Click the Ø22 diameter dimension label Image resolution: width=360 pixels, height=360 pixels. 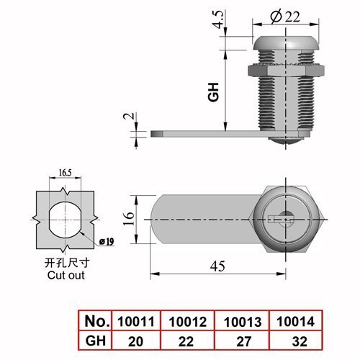(x=285, y=17)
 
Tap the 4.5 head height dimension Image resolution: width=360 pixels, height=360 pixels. (x=219, y=19)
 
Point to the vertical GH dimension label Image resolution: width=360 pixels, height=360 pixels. (x=213, y=92)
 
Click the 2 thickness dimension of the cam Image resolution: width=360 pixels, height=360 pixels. (x=128, y=116)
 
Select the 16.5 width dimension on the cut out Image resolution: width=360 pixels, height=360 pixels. (x=65, y=173)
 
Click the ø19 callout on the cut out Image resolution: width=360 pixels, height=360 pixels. (x=107, y=242)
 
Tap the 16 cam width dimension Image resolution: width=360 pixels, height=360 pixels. (x=129, y=218)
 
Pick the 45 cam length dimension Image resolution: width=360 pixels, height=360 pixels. (x=217, y=266)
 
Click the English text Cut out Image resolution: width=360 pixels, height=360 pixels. (x=66, y=275)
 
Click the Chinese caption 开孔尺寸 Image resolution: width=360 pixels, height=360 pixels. (x=67, y=263)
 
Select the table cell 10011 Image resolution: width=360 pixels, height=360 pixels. (x=136, y=322)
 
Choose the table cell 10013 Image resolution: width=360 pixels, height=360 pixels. (x=243, y=322)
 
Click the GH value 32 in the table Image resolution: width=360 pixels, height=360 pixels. (x=300, y=342)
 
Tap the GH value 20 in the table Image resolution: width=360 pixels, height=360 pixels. (x=135, y=342)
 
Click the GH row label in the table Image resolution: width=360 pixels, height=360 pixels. (x=96, y=341)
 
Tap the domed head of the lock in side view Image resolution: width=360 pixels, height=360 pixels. (x=286, y=43)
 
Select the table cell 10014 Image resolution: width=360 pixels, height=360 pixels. (x=295, y=322)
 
